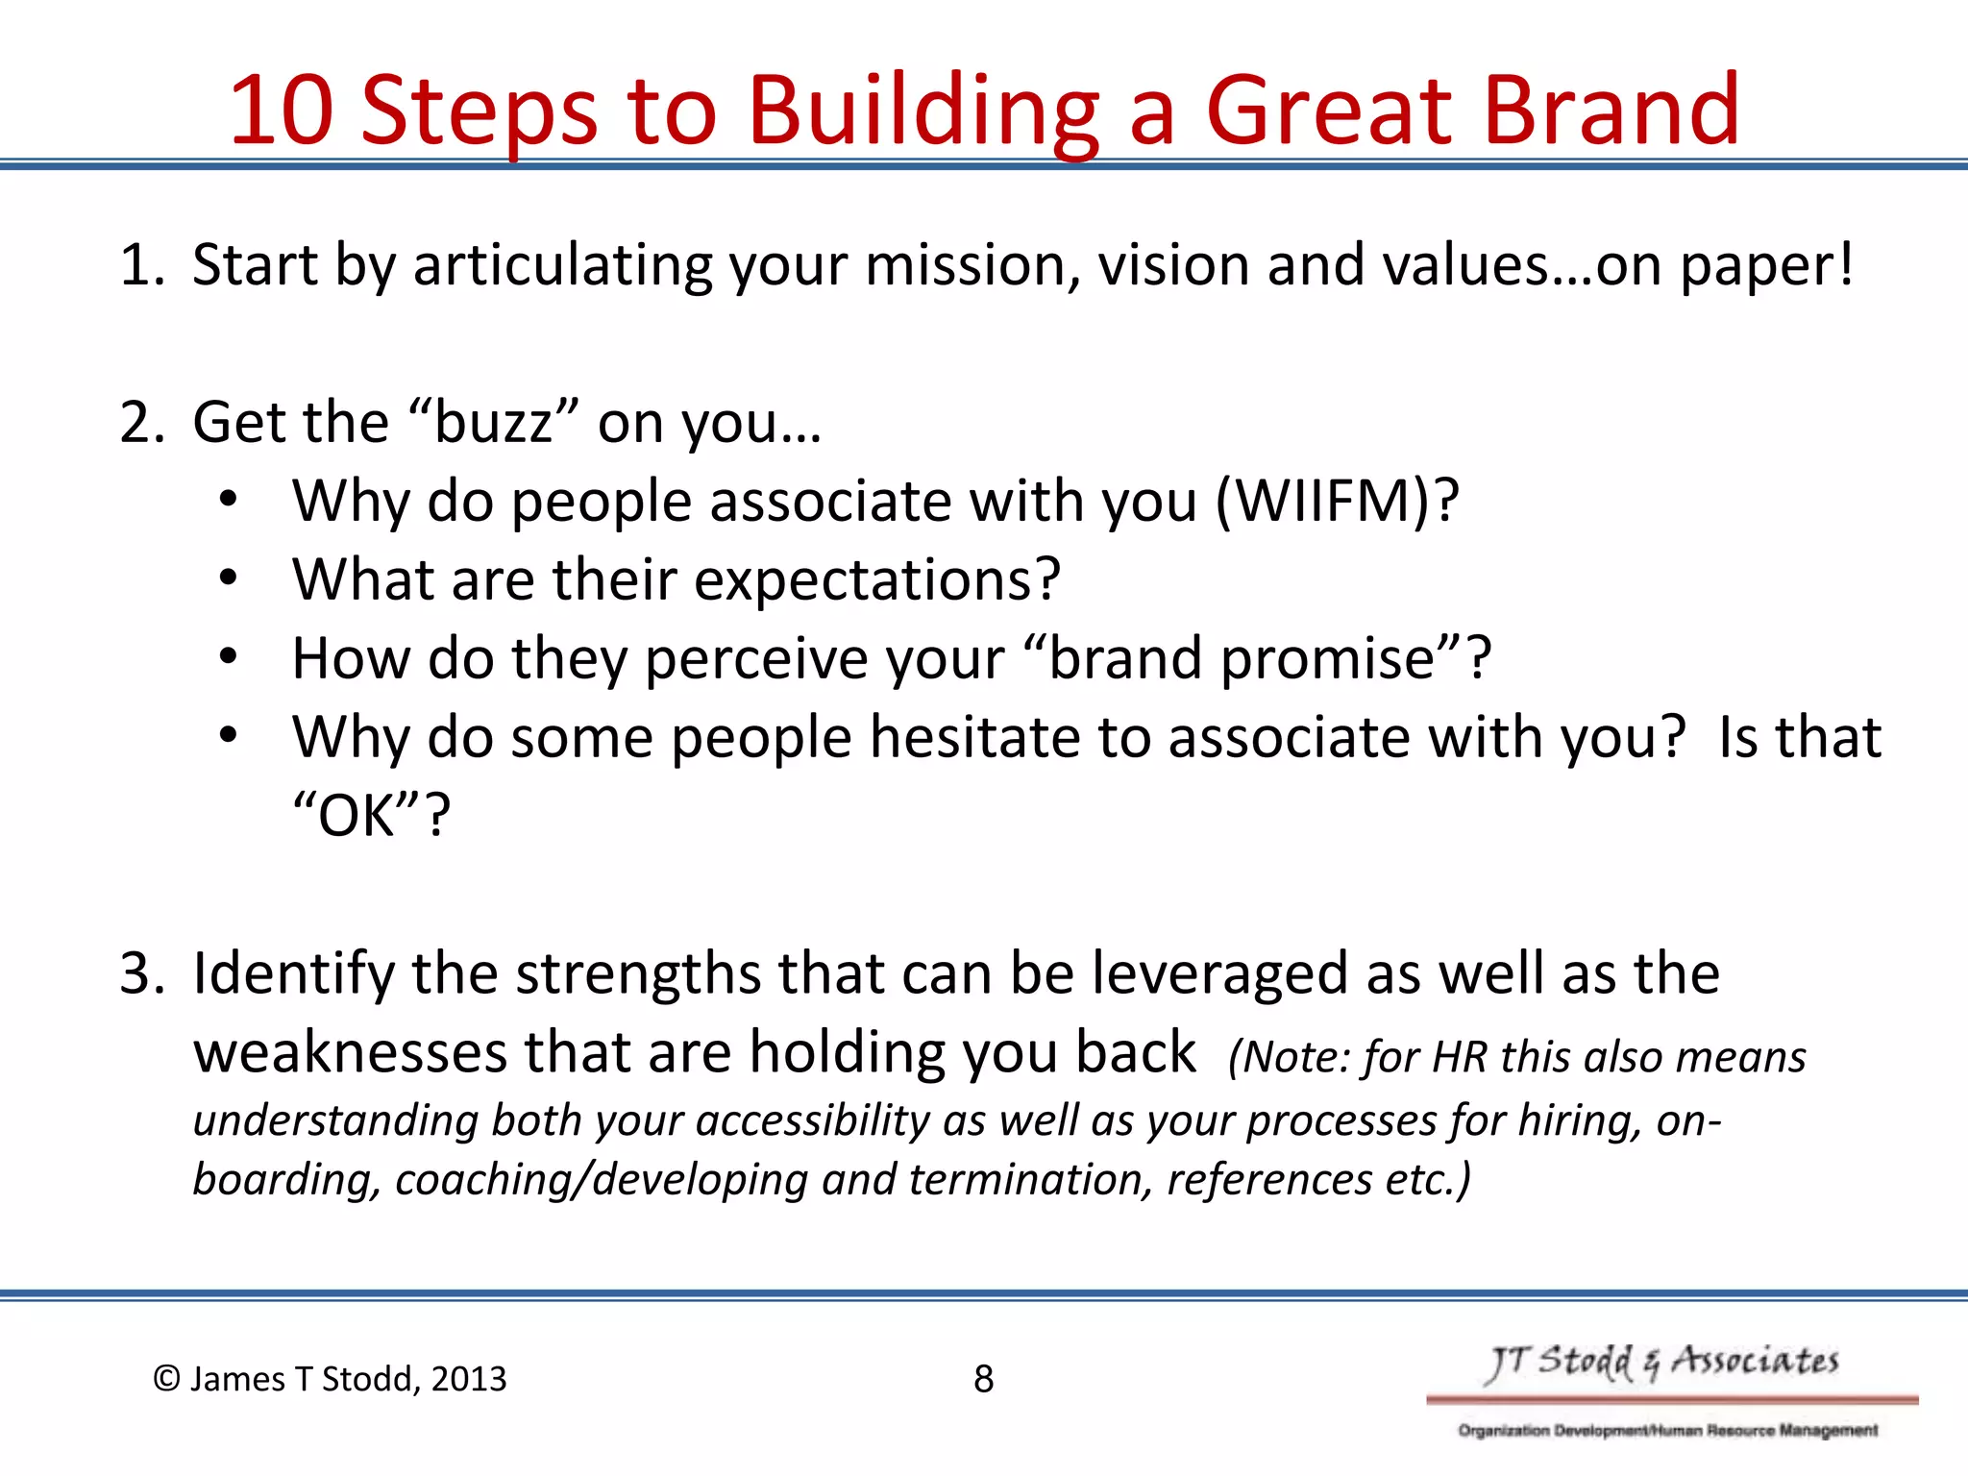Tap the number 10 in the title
tap(281, 110)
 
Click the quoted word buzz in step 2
tap(494, 423)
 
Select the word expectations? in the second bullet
tap(876, 580)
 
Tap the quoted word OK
tap(357, 816)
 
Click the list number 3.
tap(140, 973)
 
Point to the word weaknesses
tap(350, 1052)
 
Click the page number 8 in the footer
tap(983, 1379)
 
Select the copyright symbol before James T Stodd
tap(166, 1379)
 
